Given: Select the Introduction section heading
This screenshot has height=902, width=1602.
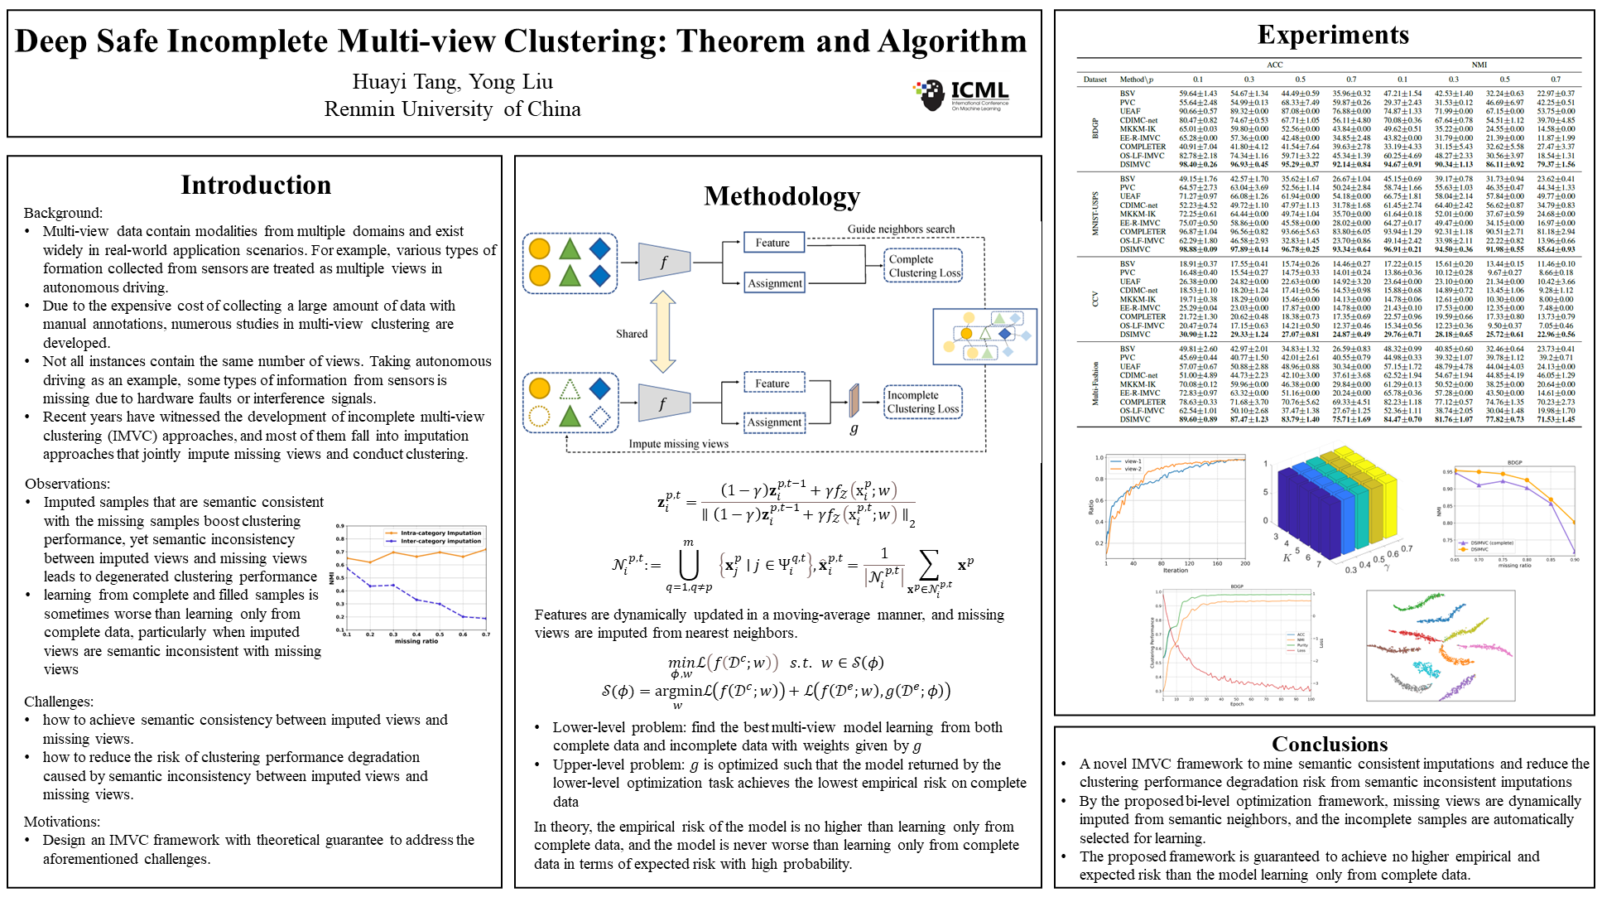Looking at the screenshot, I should tap(256, 185).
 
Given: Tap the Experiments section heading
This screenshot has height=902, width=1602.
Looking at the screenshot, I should tap(1332, 35).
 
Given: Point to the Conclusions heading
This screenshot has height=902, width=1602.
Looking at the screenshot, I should tap(1329, 743).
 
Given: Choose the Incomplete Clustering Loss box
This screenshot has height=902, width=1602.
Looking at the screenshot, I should tap(922, 402).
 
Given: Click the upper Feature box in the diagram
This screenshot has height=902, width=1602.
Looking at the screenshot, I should tap(772, 243).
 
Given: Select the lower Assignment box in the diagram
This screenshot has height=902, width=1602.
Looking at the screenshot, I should tap(774, 422).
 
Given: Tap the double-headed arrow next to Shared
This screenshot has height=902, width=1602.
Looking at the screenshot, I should tap(662, 332).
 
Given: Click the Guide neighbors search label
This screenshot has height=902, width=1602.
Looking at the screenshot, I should tap(901, 229).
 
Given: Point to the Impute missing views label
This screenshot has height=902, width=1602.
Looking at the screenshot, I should tap(678, 444).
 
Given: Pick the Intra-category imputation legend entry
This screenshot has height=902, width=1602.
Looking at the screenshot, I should tap(440, 533).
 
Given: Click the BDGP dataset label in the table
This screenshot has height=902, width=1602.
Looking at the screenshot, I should tap(1094, 128).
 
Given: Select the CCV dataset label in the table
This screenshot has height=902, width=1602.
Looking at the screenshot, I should tap(1094, 299).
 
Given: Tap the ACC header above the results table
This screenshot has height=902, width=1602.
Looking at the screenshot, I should tap(1274, 65).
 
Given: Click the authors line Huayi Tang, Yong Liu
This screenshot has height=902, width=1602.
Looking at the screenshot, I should tap(452, 81).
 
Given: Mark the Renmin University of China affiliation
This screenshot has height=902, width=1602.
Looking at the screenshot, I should tap(452, 109).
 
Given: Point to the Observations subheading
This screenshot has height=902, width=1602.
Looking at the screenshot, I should tap(67, 484).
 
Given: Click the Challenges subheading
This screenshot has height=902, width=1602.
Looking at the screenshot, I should tap(59, 702).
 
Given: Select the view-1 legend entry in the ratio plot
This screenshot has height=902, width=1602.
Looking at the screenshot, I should tap(1132, 461).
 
